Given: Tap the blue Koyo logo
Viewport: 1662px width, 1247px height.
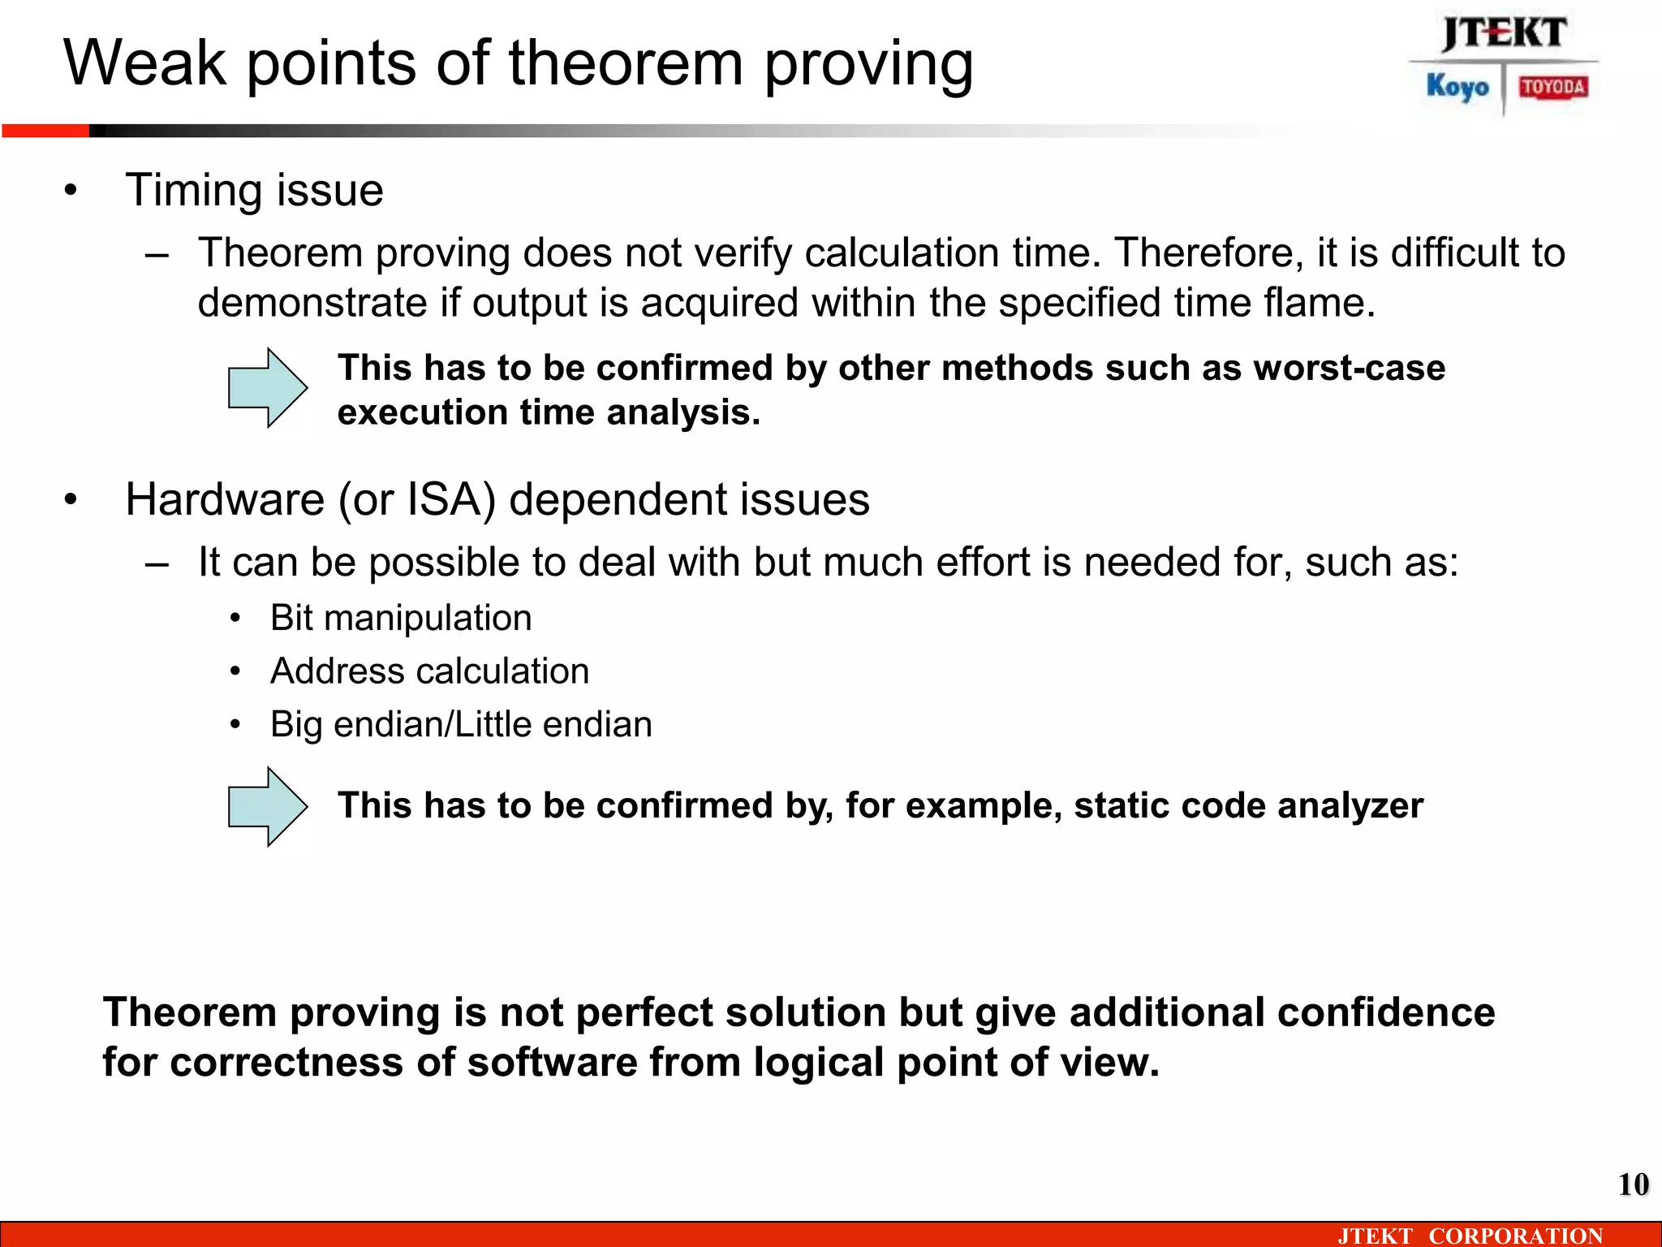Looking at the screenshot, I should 1457,87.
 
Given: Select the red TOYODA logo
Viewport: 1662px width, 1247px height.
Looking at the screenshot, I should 1553,87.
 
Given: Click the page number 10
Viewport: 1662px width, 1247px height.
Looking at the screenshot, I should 1633,1184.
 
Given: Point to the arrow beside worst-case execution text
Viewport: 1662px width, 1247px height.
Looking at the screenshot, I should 268,388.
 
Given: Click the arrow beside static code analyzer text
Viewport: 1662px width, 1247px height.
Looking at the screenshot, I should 268,807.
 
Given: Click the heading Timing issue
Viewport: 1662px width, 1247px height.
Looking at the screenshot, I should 254,191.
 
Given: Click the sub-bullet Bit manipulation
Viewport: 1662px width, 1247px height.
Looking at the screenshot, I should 401,618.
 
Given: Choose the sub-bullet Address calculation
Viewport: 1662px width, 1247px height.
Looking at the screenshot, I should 429,671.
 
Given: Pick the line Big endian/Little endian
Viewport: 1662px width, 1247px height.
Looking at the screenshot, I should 461,724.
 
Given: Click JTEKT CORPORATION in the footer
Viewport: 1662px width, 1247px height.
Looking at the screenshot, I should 1470,1236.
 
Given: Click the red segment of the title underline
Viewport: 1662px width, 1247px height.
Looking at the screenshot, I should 45,131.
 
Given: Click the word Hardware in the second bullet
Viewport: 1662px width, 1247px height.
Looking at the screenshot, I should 225,499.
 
